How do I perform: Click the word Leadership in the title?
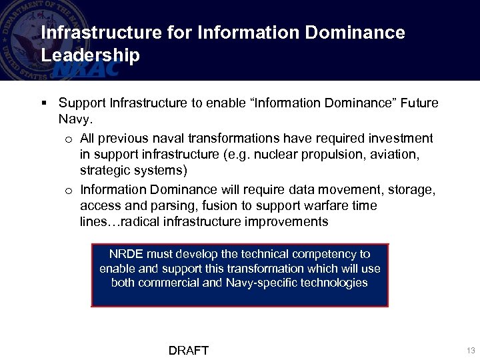90,55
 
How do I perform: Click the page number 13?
471,351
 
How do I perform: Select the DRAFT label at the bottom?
189,351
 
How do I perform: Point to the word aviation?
395,155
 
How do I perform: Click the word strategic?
105,171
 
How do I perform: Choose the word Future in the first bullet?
419,103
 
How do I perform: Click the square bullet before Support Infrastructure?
43,103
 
